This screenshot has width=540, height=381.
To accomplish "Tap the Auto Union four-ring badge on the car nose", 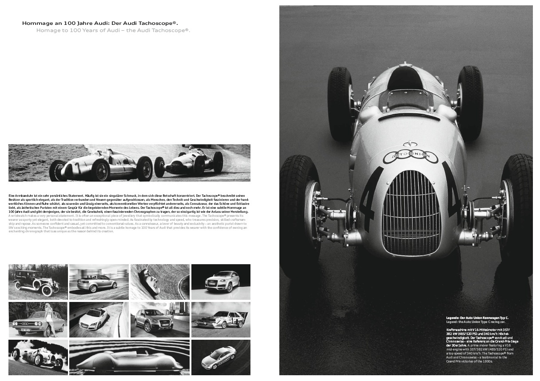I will coord(411,155).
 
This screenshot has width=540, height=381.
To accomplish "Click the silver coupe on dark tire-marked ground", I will coord(219,358).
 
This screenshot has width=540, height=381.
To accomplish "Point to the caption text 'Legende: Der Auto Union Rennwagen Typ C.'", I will coord(477,318).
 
